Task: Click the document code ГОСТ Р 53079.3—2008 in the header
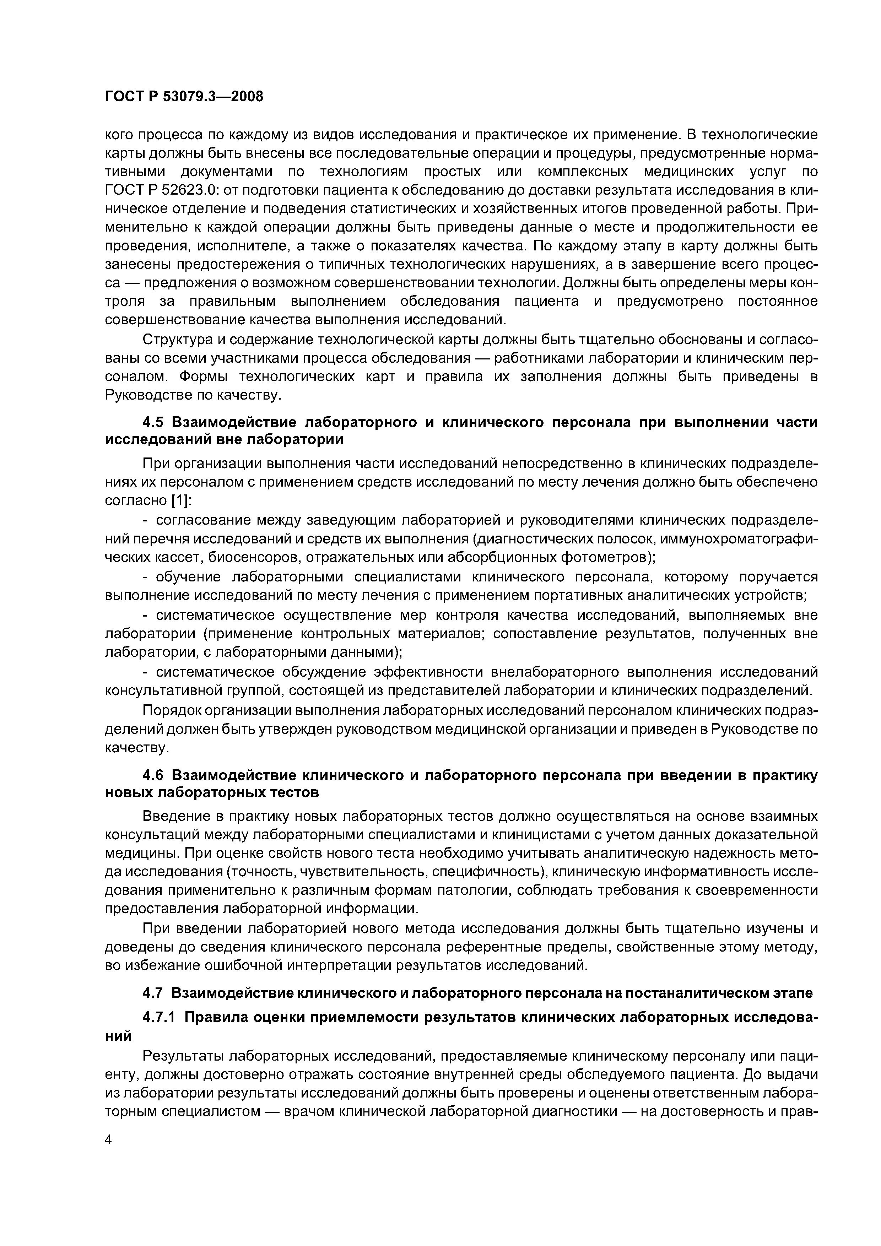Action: pyautogui.click(x=183, y=97)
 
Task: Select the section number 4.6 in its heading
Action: pyautogui.click(x=155, y=775)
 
